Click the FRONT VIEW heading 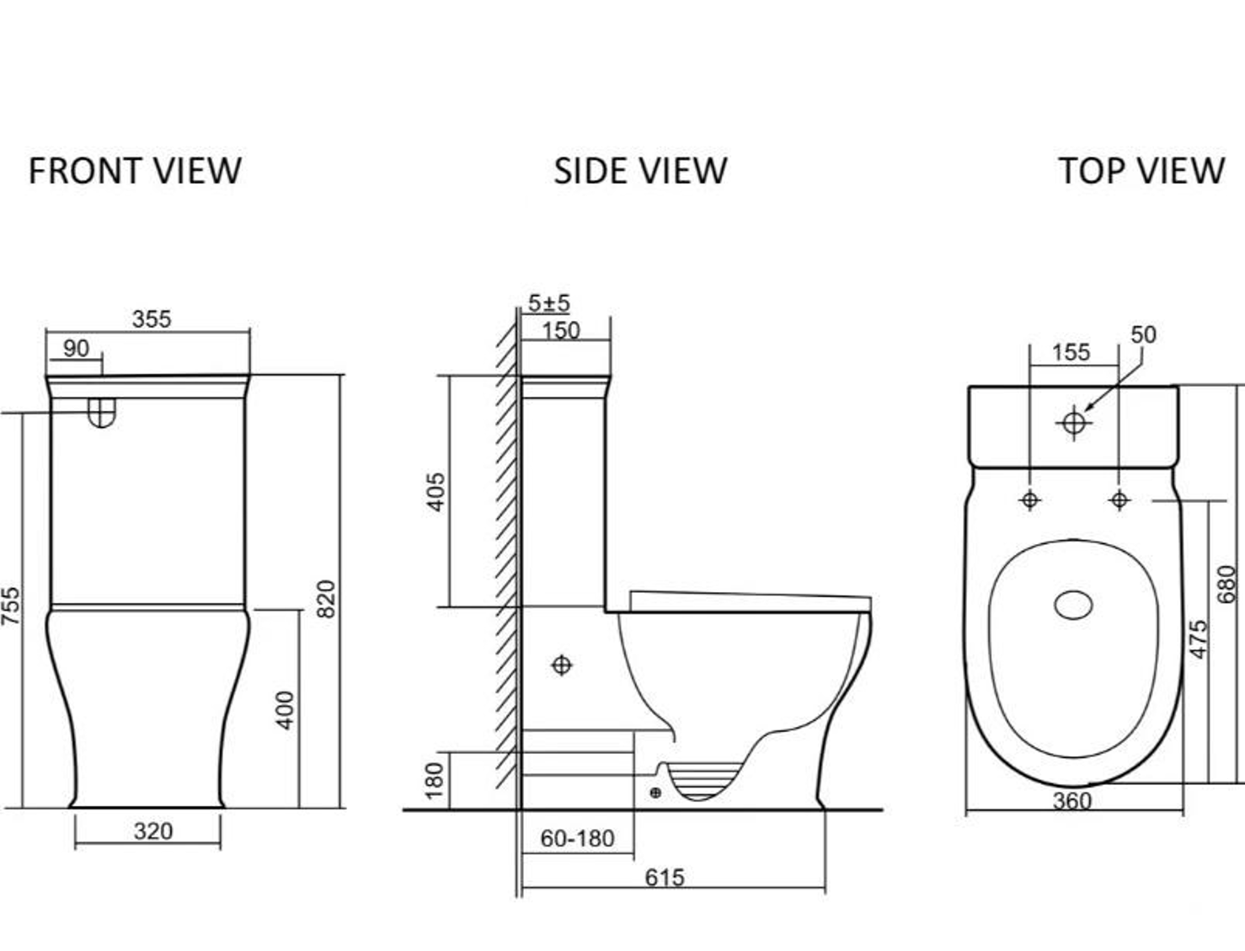tap(135, 171)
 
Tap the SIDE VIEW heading tap(640, 171)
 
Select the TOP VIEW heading tap(1141, 171)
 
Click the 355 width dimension tap(152, 319)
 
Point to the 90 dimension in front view tap(76, 349)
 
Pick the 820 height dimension tap(326, 599)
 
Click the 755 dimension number tap(11, 606)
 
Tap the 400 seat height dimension tap(285, 711)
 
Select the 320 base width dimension tap(153, 832)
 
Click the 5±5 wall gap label tap(548, 303)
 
